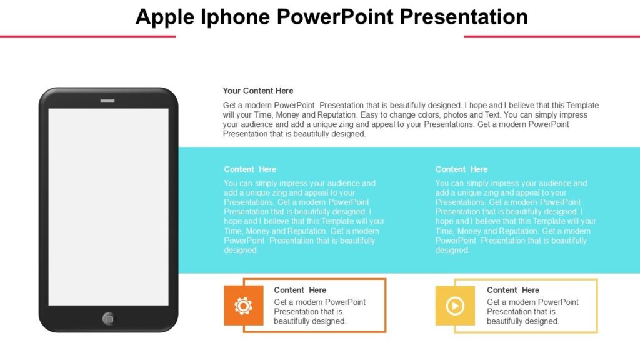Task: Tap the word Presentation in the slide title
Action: [464, 17]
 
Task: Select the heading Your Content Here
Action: [257, 91]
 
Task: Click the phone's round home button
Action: [109, 318]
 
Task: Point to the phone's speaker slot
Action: [107, 101]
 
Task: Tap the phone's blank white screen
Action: [108, 206]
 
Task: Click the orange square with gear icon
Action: [243, 306]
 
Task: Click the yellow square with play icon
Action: [454, 306]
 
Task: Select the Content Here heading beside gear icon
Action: [300, 290]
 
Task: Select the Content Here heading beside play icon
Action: [512, 290]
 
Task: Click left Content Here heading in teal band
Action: [250, 169]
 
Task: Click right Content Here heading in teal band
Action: [461, 169]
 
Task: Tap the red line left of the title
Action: [87, 36]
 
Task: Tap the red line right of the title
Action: [551, 36]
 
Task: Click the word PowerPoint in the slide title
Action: [336, 17]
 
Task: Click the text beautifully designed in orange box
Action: [309, 321]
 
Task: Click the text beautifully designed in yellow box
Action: [522, 321]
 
